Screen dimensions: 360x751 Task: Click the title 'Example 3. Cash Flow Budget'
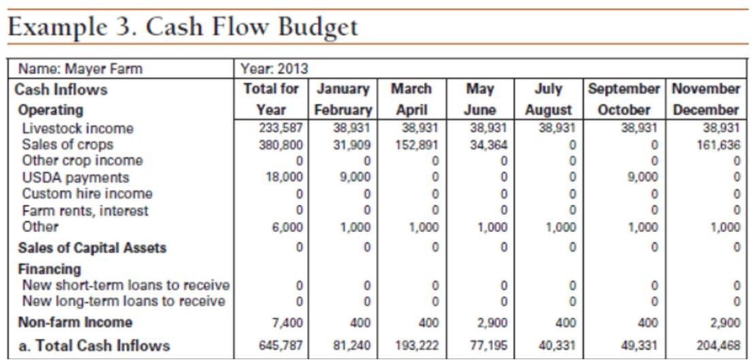click(182, 27)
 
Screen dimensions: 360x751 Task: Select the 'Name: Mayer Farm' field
click(80, 69)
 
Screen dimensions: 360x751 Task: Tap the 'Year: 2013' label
click(274, 69)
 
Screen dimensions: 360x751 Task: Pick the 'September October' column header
click(623, 99)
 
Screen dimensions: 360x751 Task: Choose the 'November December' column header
click(705, 99)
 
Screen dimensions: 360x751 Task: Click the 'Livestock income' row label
click(78, 128)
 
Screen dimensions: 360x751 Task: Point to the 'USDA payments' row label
click(75, 178)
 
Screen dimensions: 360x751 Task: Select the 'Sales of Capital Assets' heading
click(92, 248)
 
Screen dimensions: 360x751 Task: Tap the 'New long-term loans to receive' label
click(123, 301)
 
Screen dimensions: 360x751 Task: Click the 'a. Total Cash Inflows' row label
click(94, 346)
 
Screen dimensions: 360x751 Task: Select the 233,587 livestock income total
click(281, 128)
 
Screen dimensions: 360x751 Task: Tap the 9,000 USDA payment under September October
click(642, 178)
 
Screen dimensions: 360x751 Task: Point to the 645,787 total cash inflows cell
click(281, 346)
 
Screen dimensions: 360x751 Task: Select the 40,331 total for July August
click(556, 346)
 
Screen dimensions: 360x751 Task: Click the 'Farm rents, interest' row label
click(85, 211)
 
